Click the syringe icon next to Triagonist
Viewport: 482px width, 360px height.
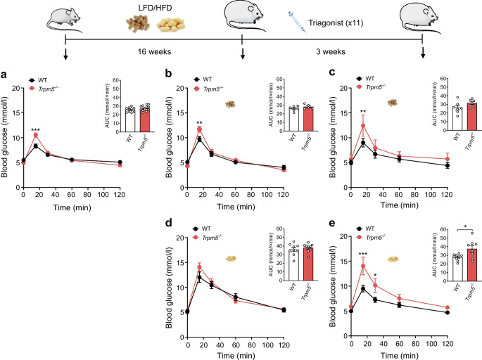point(297,22)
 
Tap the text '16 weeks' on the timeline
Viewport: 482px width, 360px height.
point(154,51)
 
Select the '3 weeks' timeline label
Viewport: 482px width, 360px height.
point(331,51)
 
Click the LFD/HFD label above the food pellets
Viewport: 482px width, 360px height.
point(155,7)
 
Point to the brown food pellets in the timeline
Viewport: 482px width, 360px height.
point(138,24)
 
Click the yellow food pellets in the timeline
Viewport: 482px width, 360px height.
point(170,25)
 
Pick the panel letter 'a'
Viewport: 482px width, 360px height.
point(4,75)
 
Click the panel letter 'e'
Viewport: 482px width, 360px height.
point(332,223)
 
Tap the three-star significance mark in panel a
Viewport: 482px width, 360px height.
point(35,129)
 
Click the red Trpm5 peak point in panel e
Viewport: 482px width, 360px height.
point(363,266)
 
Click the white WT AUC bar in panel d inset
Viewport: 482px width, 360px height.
point(294,265)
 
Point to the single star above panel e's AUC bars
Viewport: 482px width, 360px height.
point(465,226)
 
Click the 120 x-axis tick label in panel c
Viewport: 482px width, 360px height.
point(447,195)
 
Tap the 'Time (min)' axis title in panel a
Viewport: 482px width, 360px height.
point(72,207)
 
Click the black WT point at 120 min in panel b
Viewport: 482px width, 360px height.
point(284,167)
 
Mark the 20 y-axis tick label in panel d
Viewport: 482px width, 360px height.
point(180,238)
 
